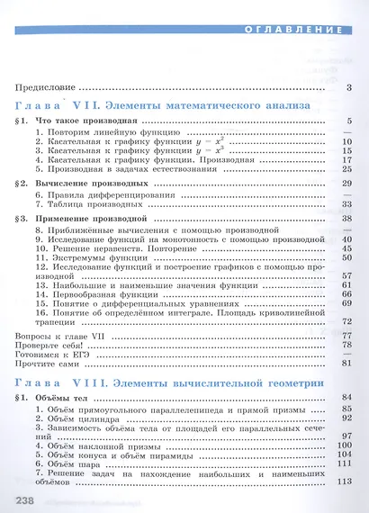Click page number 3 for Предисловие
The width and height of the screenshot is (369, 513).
coord(348,87)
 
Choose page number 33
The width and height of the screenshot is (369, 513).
coord(346,205)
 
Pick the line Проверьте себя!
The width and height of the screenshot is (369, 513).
coord(48,345)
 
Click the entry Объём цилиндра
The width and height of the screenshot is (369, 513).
coord(72,418)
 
